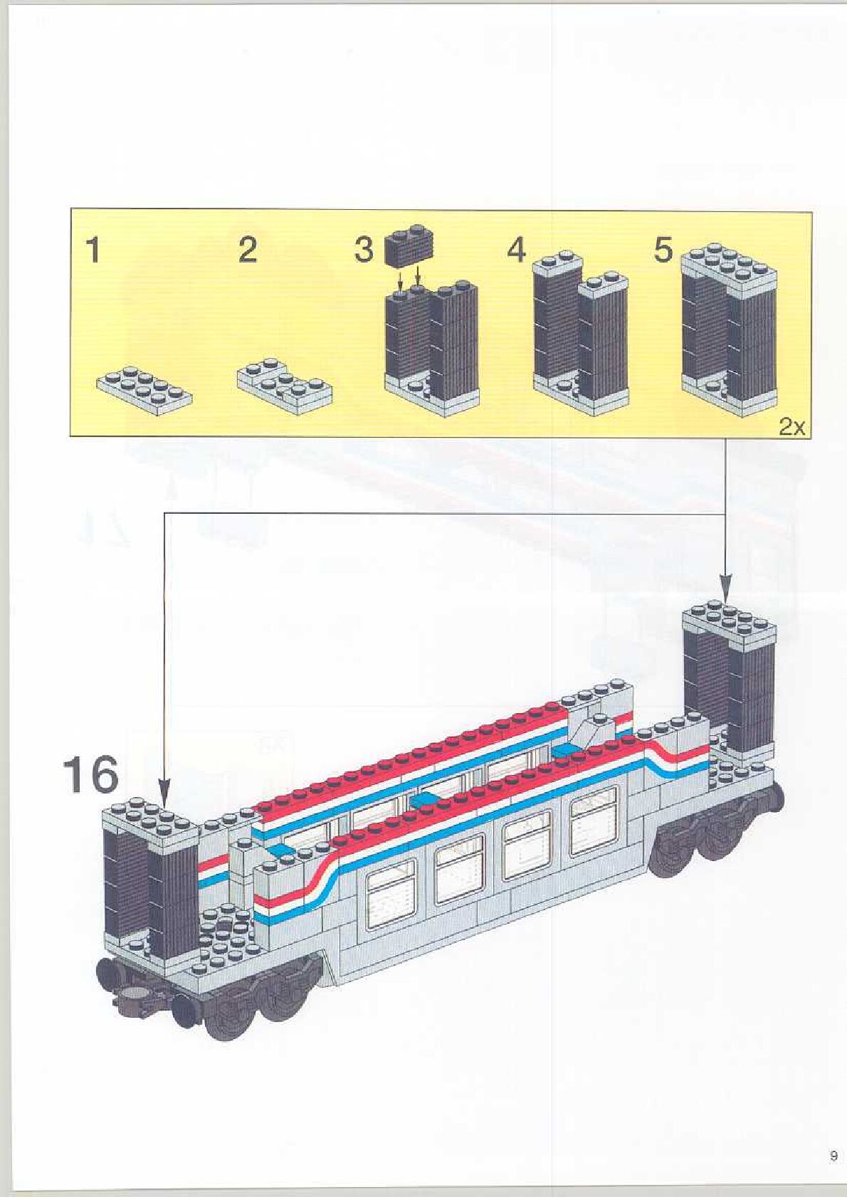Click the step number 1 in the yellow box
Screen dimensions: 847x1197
click(93, 251)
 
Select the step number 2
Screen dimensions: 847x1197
click(247, 251)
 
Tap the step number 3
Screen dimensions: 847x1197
click(364, 251)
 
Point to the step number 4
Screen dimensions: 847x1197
click(517, 251)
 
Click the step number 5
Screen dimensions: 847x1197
click(663, 251)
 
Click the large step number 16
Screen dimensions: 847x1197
click(90, 775)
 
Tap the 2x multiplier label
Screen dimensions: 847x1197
click(791, 427)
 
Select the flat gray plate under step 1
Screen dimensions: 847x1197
click(144, 390)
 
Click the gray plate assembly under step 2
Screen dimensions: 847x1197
click(285, 386)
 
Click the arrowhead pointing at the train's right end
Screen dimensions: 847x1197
click(726, 591)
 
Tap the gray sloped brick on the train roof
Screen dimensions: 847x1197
click(591, 733)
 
